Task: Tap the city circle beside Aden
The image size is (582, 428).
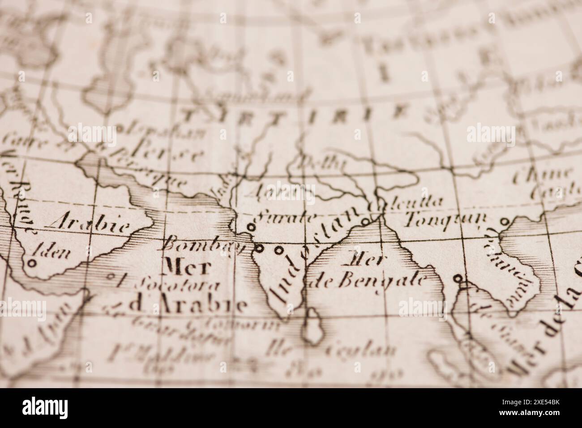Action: pos(32,264)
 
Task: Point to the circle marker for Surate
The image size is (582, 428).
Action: pos(251,227)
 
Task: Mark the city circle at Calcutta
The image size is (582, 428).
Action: pos(365,221)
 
